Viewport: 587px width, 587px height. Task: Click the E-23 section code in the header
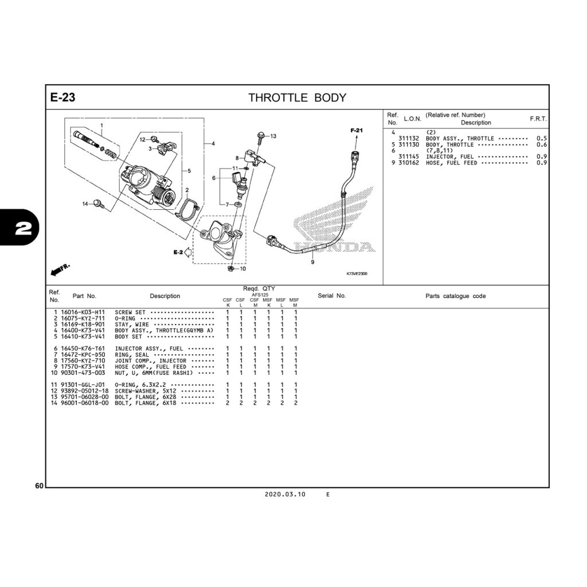tap(62, 97)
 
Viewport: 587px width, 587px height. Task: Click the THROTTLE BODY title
tap(297, 97)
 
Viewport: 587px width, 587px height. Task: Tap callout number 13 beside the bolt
tap(273, 136)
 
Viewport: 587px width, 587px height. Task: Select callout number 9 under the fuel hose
tap(312, 262)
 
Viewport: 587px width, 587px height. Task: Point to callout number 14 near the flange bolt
tap(85, 204)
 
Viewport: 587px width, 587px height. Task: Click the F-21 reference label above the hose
tap(357, 131)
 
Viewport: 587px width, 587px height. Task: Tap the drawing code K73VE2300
tap(357, 273)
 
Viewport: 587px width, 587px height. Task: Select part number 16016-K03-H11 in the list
tap(83, 312)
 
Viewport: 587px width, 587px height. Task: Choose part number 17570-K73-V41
tap(83, 366)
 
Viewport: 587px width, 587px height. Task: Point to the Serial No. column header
tap(332, 296)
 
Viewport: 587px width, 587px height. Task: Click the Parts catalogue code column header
tap(455, 296)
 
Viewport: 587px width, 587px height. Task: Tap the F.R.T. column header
tap(538, 119)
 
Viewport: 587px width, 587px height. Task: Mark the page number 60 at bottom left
tap(39, 486)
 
